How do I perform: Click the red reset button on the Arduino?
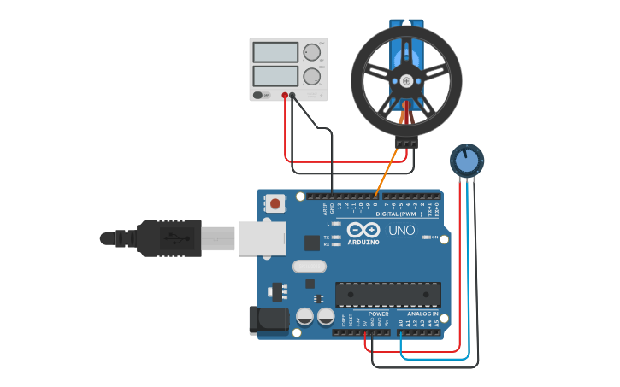point(276,204)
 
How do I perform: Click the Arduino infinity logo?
point(363,230)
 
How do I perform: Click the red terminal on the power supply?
point(285,95)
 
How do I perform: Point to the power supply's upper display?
point(275,52)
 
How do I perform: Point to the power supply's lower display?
point(275,76)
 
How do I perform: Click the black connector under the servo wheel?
point(406,142)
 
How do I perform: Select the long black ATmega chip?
point(387,294)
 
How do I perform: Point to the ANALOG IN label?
point(422,314)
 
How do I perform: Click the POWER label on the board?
point(378,314)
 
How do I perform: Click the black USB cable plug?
point(167,237)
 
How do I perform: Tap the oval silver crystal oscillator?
point(310,267)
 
